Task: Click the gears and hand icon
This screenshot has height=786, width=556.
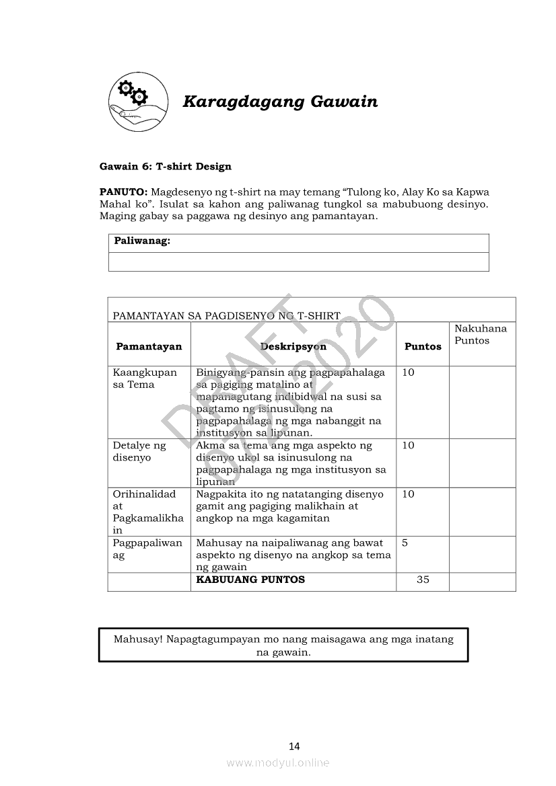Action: (x=138, y=101)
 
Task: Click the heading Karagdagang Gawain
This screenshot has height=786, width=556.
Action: (x=280, y=102)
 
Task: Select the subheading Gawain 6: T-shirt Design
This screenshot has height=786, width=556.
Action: (x=165, y=166)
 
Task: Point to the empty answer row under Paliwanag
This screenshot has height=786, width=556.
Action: (x=298, y=262)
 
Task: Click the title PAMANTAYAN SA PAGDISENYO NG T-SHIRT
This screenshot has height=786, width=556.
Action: (x=226, y=315)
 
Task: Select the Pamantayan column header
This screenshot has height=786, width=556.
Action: (x=149, y=346)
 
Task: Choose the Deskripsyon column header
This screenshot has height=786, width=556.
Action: (x=293, y=346)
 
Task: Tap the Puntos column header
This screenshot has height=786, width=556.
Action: (x=423, y=346)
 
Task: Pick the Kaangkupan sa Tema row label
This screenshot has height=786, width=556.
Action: (x=145, y=379)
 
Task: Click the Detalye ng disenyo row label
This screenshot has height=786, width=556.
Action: (x=139, y=451)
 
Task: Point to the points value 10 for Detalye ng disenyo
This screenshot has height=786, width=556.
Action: (x=408, y=445)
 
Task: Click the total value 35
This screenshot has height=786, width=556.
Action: (x=423, y=580)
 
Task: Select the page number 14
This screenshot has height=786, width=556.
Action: (x=293, y=746)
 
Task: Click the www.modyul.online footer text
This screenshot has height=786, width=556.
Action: (x=278, y=762)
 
